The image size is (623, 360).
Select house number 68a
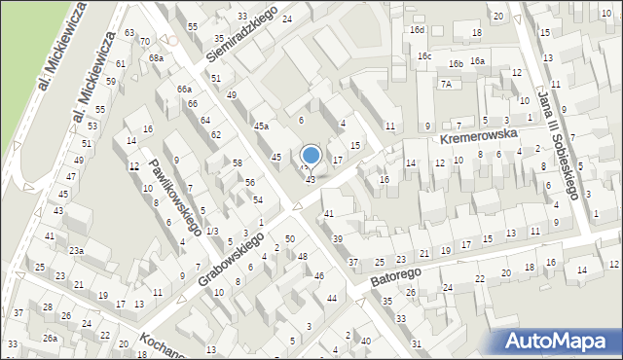click(156, 58)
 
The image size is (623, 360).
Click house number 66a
click(184, 90)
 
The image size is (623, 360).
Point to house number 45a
click(261, 126)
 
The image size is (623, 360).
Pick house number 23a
click(76, 251)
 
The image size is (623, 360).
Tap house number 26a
click(50, 339)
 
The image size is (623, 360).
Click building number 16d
click(417, 30)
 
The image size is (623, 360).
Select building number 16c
click(424, 56)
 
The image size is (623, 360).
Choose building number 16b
click(456, 64)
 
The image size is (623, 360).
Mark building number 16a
click(477, 61)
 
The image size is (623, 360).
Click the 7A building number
click(446, 85)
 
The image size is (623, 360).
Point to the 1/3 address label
click(211, 230)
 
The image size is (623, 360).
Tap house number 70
click(144, 42)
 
